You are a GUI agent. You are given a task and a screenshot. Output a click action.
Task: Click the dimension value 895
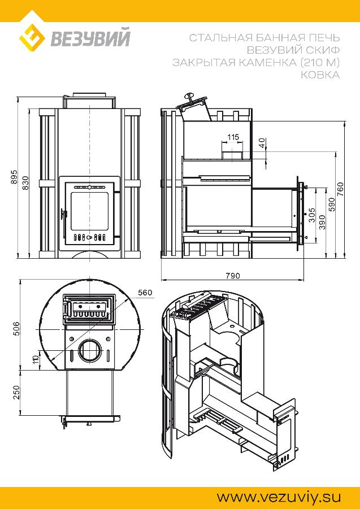coord(14,177)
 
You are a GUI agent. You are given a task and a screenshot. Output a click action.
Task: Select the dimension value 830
coord(26,183)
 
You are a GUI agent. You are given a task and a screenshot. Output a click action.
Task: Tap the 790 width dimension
coord(233,276)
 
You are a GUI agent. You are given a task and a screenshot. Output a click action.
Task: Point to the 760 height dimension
coord(341,189)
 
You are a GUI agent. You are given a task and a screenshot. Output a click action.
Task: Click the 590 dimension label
coord(332,205)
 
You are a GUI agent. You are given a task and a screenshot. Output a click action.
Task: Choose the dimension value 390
coord(322,223)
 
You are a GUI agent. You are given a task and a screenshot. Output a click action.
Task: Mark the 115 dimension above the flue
coord(233,137)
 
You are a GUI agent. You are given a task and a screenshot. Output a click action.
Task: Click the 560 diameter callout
coord(145,293)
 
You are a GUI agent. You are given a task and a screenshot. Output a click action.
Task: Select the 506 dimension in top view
coord(17,329)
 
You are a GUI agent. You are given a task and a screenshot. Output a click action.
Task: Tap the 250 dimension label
coord(17,392)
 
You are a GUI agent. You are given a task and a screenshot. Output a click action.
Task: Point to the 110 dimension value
coord(36,359)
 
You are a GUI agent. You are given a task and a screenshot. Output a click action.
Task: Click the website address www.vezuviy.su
coord(279,497)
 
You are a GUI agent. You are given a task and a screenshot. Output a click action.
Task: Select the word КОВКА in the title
coord(320,75)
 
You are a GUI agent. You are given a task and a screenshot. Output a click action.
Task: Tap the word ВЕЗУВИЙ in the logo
coord(90,38)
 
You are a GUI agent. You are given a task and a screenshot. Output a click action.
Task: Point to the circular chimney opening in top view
coord(88,351)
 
